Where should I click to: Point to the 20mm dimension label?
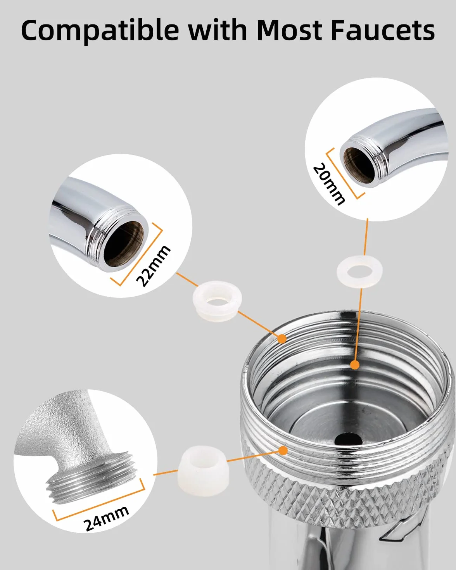click(329, 184)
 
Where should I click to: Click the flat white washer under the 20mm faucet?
click(359, 271)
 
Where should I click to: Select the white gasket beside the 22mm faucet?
click(217, 301)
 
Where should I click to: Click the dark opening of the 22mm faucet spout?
click(124, 245)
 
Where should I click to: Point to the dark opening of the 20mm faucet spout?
click(359, 165)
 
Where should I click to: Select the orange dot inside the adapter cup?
click(355, 365)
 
